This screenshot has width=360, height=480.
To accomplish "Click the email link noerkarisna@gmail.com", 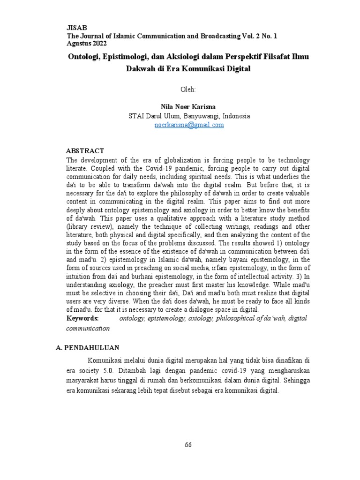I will (x=189, y=125).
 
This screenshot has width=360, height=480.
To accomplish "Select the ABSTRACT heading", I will (x=85, y=151).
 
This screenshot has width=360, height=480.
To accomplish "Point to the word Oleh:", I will (x=189, y=89).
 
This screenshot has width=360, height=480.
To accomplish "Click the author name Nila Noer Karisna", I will (x=189, y=106).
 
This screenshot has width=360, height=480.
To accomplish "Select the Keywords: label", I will (x=82, y=318).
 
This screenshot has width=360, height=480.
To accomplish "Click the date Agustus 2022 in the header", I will (x=87, y=44).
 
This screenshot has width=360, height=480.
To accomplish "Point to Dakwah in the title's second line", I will (x=140, y=69).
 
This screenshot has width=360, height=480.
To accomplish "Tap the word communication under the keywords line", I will (x=88, y=328).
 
